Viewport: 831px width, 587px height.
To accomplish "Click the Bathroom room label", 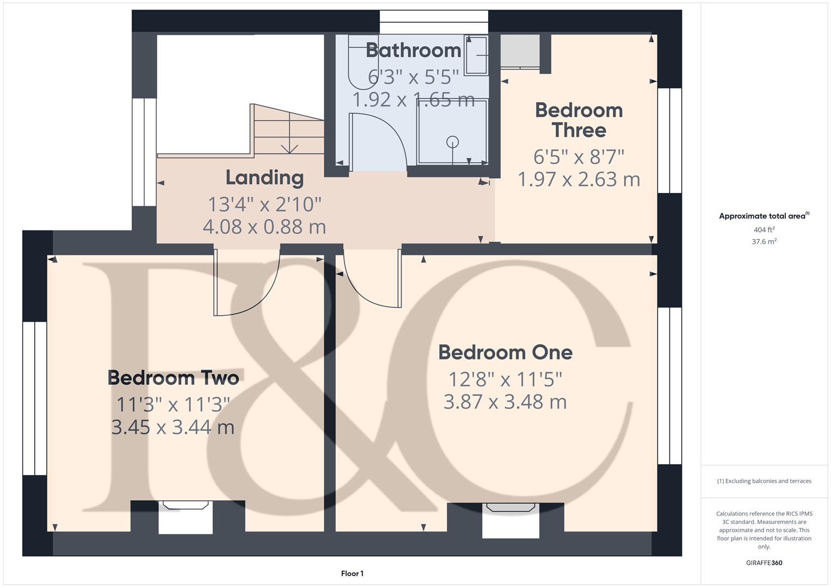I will coord(414,50).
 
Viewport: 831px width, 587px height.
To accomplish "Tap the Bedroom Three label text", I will coord(578,120).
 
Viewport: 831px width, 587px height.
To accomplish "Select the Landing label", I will coord(264,178).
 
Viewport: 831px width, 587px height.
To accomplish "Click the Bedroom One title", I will coord(505,352).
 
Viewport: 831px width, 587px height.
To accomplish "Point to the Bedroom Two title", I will coord(173,378).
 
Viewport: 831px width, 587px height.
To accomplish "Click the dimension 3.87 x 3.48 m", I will coord(505,402).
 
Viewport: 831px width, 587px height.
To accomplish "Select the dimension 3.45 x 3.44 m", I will coord(173,427).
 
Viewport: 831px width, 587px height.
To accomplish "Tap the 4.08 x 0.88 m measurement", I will coord(264,227).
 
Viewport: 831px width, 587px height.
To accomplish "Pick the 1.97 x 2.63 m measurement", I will coord(578,179).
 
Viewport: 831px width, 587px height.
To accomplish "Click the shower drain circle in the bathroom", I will coord(452,142).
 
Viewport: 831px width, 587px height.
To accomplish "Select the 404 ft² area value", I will coord(764,230).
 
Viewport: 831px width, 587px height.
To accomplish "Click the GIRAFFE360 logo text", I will coord(764,563).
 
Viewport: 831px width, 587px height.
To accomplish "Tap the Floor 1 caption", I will coord(352,573).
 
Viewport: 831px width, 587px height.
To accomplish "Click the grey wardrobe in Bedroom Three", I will coord(520,51).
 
